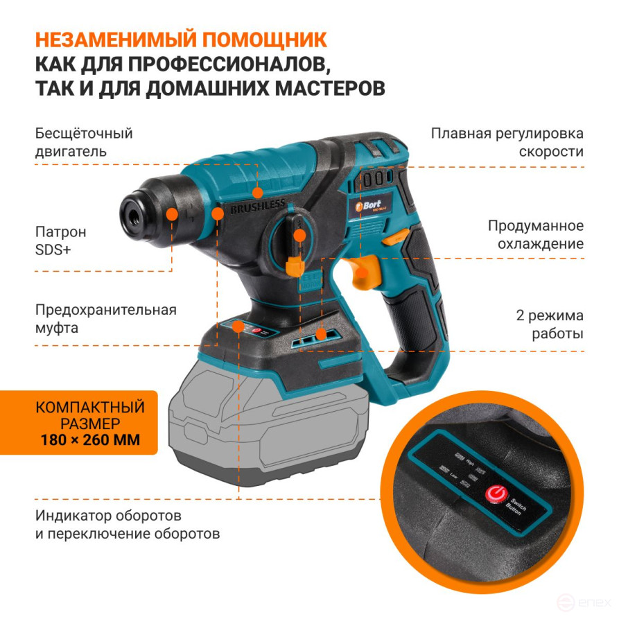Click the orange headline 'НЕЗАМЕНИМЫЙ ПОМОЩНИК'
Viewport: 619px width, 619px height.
pyautogui.click(x=181, y=39)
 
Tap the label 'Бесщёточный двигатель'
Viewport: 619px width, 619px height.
pyautogui.click(x=84, y=141)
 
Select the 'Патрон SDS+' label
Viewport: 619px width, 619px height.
pyautogui.click(x=61, y=241)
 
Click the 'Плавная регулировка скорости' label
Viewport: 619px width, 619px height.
pyautogui.click(x=507, y=142)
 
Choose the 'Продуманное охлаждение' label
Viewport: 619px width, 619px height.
pyautogui.click(x=535, y=234)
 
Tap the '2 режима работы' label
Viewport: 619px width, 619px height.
pyautogui.click(x=548, y=324)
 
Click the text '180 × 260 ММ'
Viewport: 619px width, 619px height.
pyautogui.click(x=90, y=439)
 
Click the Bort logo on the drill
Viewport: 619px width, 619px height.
pyautogui.click(x=373, y=204)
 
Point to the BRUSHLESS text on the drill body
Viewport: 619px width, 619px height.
pyautogui.click(x=257, y=206)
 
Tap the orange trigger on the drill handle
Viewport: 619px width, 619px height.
pyautogui.click(x=366, y=273)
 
